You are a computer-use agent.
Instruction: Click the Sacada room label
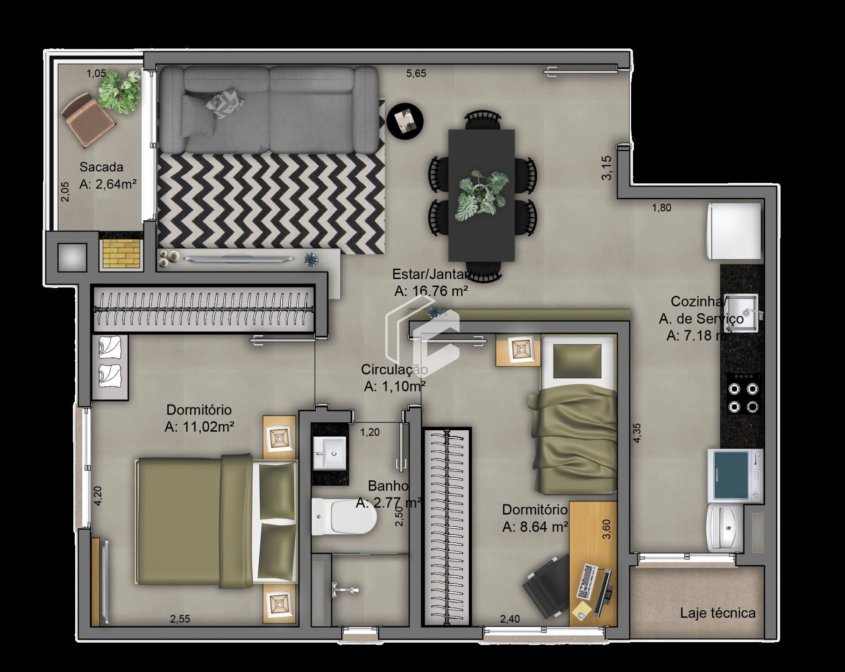tap(101, 167)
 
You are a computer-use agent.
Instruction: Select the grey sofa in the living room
tap(268, 109)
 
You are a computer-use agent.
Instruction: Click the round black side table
tap(405, 120)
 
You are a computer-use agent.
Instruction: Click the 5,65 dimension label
tap(416, 73)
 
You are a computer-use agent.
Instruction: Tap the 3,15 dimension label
tap(606, 168)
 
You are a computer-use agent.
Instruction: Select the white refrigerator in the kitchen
tap(734, 230)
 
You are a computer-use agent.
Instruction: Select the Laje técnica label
tap(717, 613)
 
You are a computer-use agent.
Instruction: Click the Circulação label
tap(394, 370)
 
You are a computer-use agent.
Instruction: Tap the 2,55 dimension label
tap(180, 619)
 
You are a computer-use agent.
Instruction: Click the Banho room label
tap(388, 486)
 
